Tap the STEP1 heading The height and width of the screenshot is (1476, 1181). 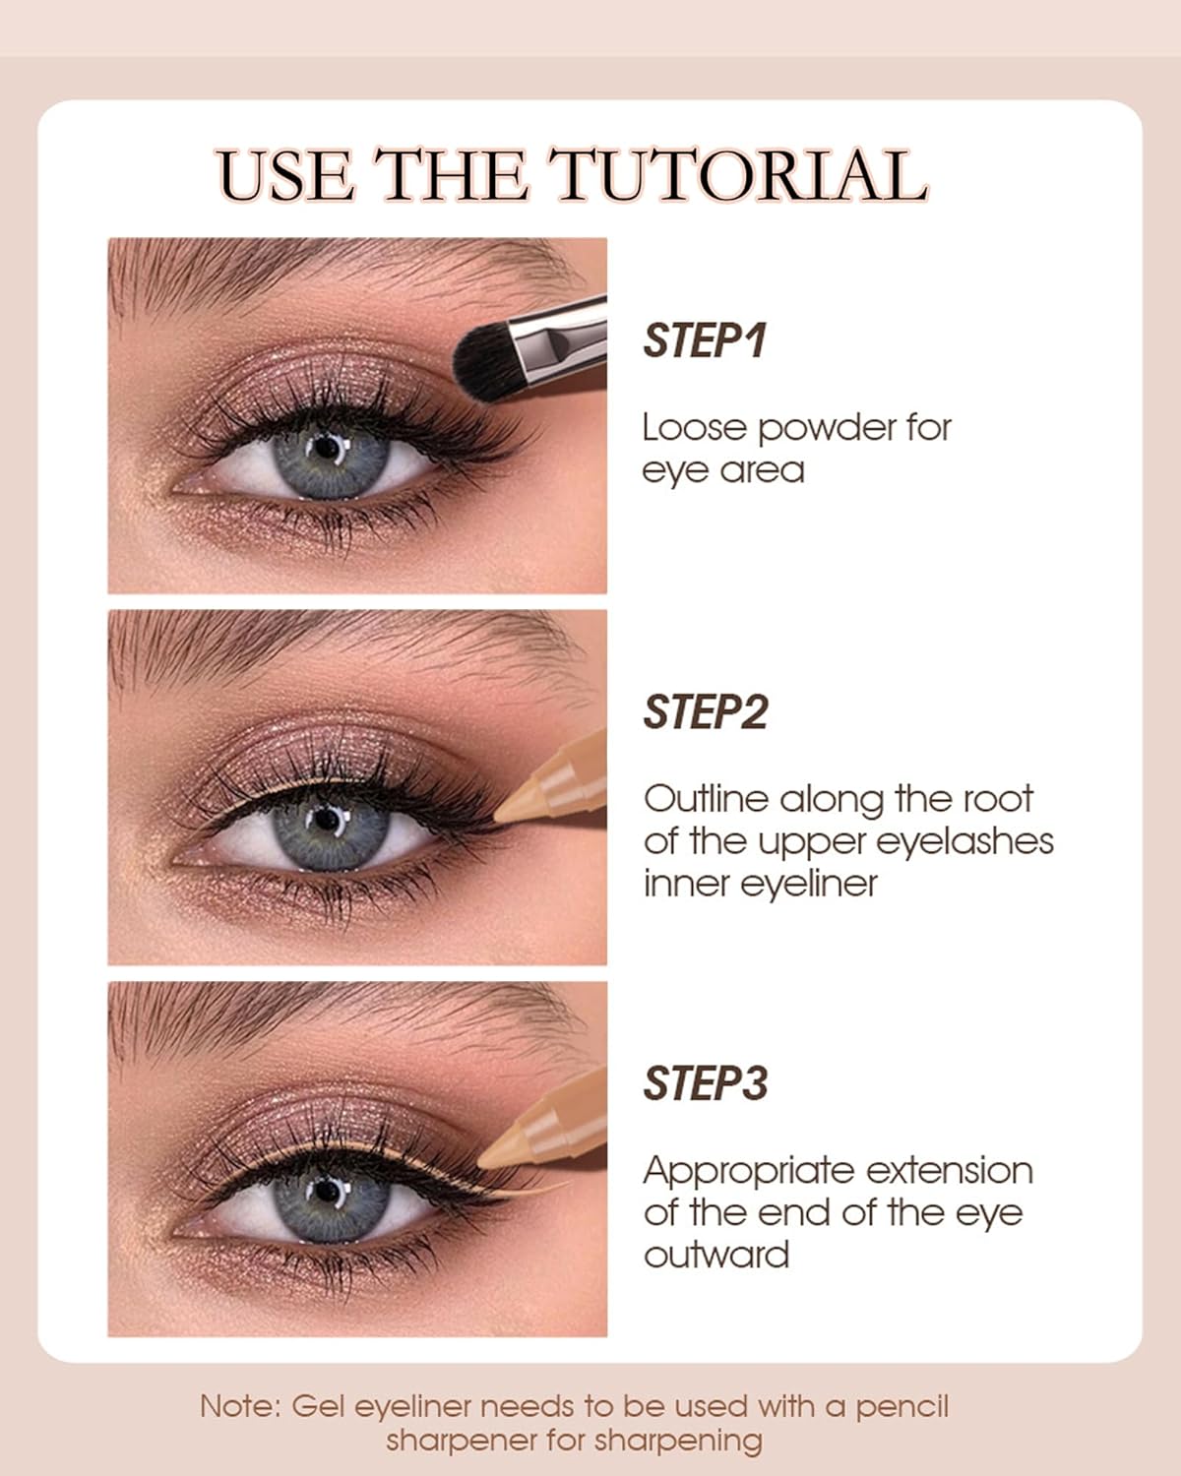704,340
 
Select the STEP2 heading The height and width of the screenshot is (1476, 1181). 706,712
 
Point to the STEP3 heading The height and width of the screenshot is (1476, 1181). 706,1083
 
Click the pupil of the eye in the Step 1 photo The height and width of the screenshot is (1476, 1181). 328,448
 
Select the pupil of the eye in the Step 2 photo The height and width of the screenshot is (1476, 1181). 328,819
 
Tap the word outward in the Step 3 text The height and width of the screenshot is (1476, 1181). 716,1255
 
